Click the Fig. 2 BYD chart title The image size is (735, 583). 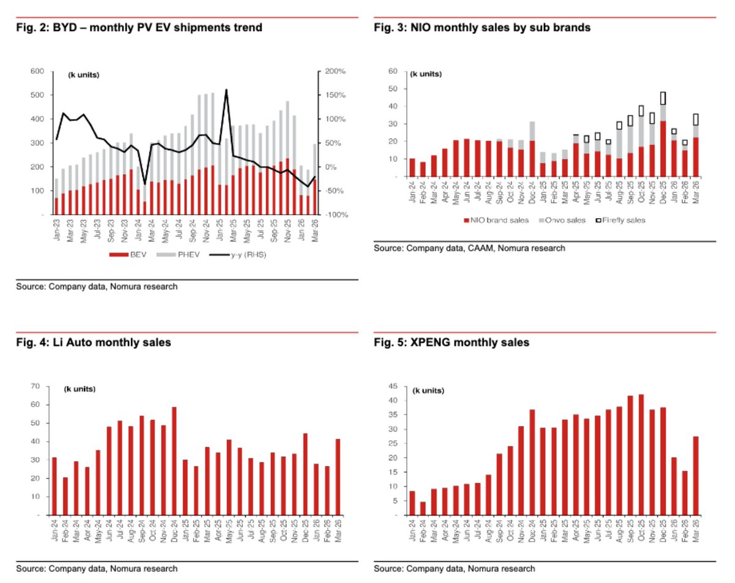(139, 28)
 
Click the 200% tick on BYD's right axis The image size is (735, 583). (336, 72)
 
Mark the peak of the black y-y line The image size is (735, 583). (226, 90)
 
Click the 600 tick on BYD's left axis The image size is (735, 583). (37, 72)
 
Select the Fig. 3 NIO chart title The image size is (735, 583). (483, 28)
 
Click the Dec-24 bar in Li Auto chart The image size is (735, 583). (175, 460)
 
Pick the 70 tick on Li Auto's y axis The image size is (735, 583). (38, 386)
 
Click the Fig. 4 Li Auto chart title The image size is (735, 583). (93, 343)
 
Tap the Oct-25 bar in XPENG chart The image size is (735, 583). (641, 454)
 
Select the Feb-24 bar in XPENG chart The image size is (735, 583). (422, 508)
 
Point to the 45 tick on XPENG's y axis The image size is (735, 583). (399, 386)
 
